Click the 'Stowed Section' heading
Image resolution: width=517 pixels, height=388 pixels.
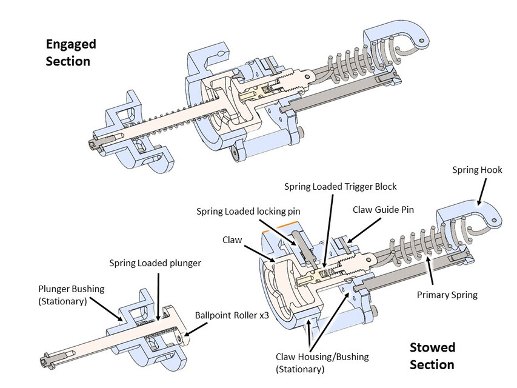coord(432,356)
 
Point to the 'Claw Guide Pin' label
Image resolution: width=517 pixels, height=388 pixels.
coord(383,210)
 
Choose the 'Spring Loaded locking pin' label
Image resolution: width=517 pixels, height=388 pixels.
coord(247,212)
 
